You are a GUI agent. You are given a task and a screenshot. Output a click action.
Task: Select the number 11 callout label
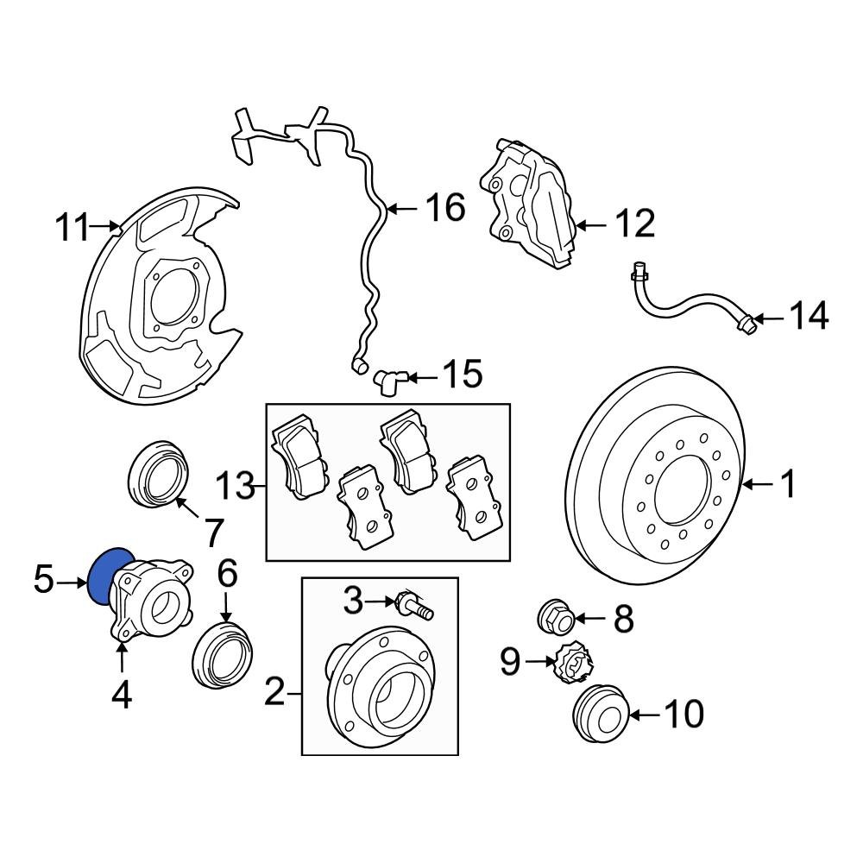point(72,229)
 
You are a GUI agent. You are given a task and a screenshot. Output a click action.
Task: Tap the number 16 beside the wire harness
point(445,208)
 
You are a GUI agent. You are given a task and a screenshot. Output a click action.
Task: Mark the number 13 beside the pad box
point(235,488)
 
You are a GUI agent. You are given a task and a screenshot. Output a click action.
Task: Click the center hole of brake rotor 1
point(682,492)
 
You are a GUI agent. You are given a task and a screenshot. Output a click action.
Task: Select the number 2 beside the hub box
point(274,691)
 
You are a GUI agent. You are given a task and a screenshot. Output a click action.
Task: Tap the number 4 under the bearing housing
point(122,694)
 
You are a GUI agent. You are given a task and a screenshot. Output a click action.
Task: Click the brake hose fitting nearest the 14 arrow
point(747,324)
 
